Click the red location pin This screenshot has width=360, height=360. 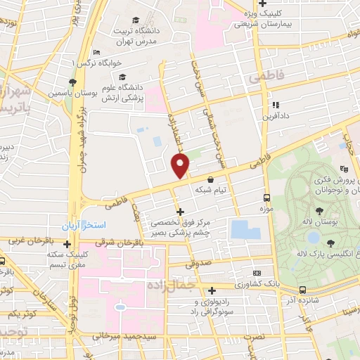181,166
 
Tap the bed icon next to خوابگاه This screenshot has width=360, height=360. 97,53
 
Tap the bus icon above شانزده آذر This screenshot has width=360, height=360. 302,289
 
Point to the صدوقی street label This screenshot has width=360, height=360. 199,264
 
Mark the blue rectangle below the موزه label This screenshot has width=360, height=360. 245,229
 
